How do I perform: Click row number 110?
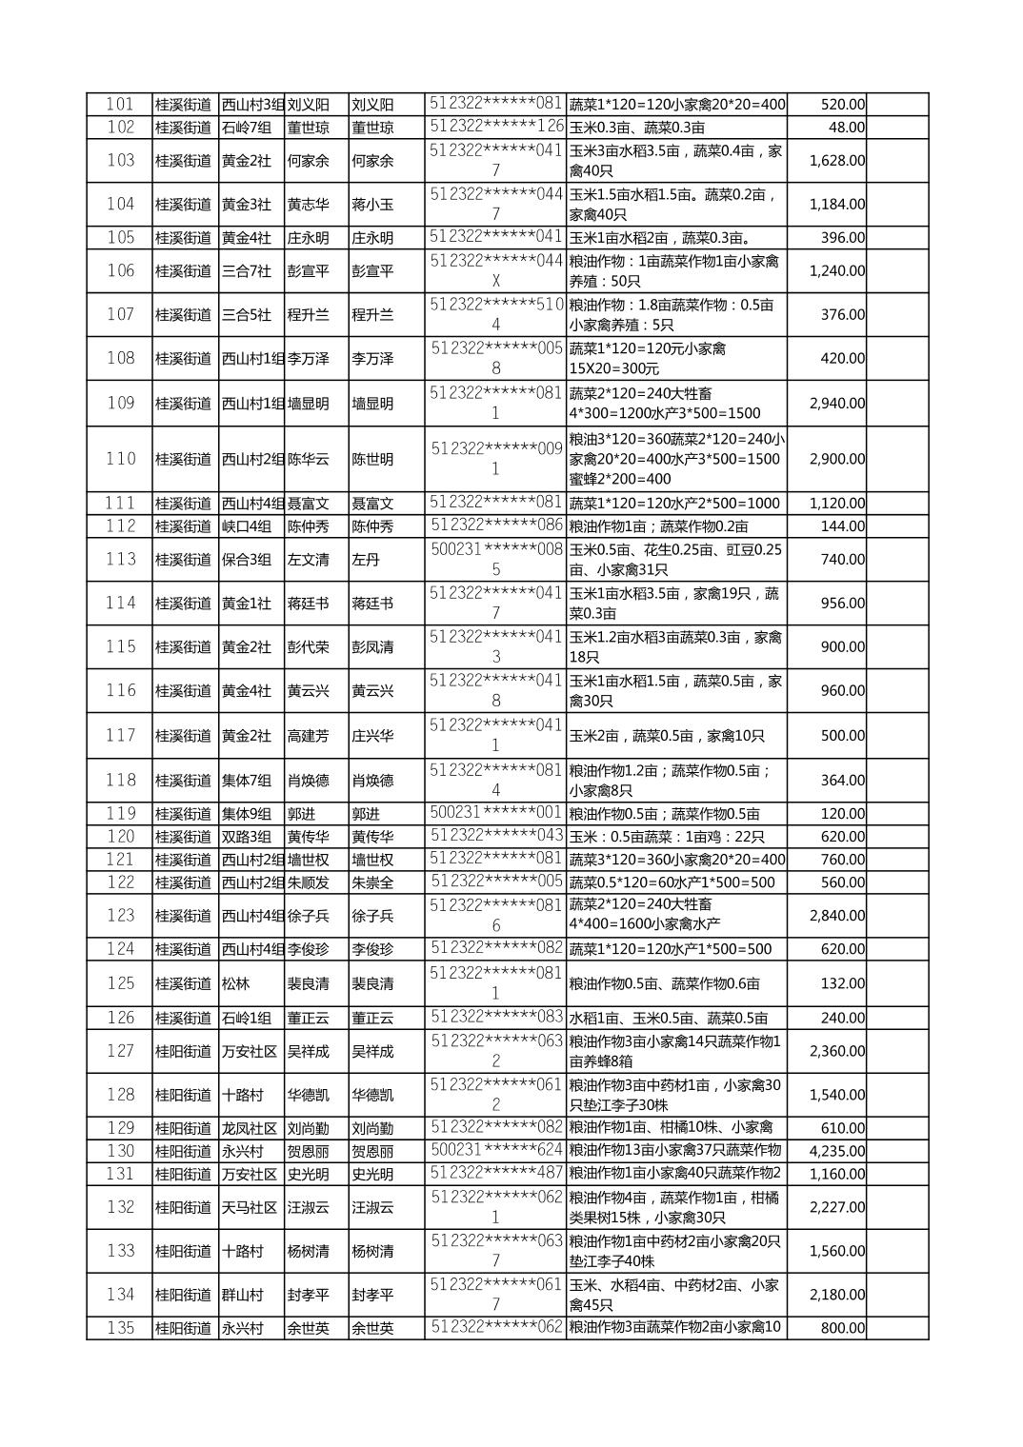(120, 459)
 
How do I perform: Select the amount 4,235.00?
(836, 1151)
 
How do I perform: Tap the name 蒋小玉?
(372, 205)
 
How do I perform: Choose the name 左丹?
(366, 560)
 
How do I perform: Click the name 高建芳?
(308, 736)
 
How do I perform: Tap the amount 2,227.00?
(836, 1207)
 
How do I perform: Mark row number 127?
(120, 1051)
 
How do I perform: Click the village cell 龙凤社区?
(250, 1128)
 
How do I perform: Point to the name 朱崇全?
(372, 882)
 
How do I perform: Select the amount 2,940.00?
(836, 404)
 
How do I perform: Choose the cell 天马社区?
(250, 1207)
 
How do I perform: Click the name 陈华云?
(308, 459)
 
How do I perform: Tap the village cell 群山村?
(242, 1295)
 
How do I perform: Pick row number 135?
(120, 1328)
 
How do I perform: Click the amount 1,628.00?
(836, 161)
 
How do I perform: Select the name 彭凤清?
(372, 647)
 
